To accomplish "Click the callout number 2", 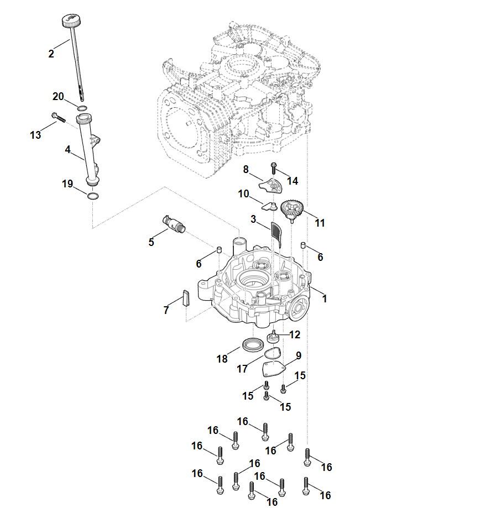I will pos(51,54).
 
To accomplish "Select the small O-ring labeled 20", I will pos(82,108).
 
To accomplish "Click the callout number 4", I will pos(67,149).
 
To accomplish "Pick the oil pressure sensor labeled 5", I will pos(174,223).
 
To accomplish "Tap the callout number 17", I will pos(242,369).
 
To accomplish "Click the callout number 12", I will pos(295,334).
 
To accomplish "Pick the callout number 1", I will pos(325,298).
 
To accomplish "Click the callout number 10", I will pos(244,194).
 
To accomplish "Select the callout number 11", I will pos(320,223).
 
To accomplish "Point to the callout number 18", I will pos(222,359).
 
